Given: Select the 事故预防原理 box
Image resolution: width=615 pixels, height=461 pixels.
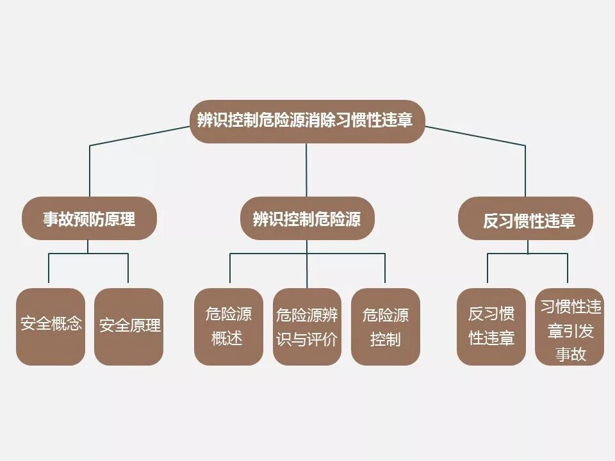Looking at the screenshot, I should pos(89,219).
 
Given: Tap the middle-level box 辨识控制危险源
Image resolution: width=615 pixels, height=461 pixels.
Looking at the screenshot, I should pos(306,219).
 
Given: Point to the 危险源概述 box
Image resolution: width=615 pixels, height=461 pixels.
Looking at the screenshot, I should pos(229,327).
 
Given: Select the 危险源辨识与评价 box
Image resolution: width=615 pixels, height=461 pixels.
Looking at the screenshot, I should pos(307,327).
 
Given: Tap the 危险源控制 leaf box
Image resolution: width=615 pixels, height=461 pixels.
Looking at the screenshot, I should pos(385,327).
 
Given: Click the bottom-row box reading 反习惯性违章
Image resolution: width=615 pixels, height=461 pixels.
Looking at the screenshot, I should pos(491,327).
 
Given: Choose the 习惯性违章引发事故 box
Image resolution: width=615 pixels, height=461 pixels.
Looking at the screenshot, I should pos(570,327).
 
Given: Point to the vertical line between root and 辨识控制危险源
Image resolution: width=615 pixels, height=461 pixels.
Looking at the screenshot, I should pos(306,170).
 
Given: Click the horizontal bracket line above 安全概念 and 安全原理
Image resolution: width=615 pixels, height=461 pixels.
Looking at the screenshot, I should pos(89,254).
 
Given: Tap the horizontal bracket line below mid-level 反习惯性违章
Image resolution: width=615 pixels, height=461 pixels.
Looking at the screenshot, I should pos(527,254).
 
